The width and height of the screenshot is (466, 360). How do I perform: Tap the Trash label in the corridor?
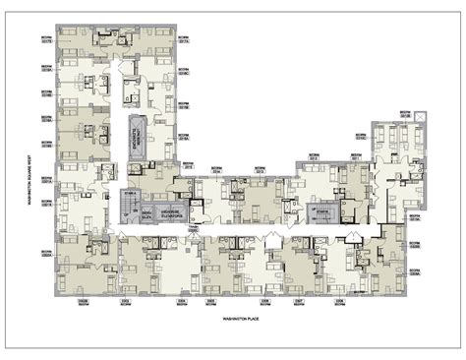(x=193, y=225)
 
